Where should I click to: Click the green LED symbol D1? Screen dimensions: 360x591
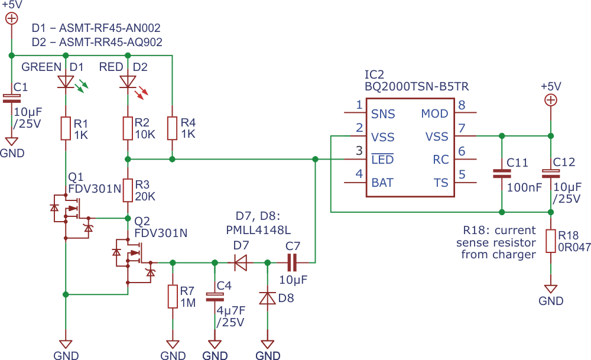pos(66,82)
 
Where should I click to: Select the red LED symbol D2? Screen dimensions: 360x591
pos(128,82)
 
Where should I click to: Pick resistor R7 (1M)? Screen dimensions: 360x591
pos(172,296)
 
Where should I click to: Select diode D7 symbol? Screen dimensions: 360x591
pos(241,262)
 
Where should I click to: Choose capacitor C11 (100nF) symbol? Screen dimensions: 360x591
pos(502,174)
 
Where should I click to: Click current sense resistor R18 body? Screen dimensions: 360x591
pos(550,241)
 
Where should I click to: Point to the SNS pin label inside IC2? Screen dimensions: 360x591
pos(383,114)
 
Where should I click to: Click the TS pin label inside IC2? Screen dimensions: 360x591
pos(441,183)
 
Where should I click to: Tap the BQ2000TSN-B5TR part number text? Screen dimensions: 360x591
pos(417,86)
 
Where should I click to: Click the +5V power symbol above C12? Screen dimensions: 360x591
pos(550,100)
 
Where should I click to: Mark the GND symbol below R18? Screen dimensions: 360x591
pos(550,290)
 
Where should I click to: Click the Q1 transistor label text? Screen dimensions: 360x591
pos(76,177)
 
